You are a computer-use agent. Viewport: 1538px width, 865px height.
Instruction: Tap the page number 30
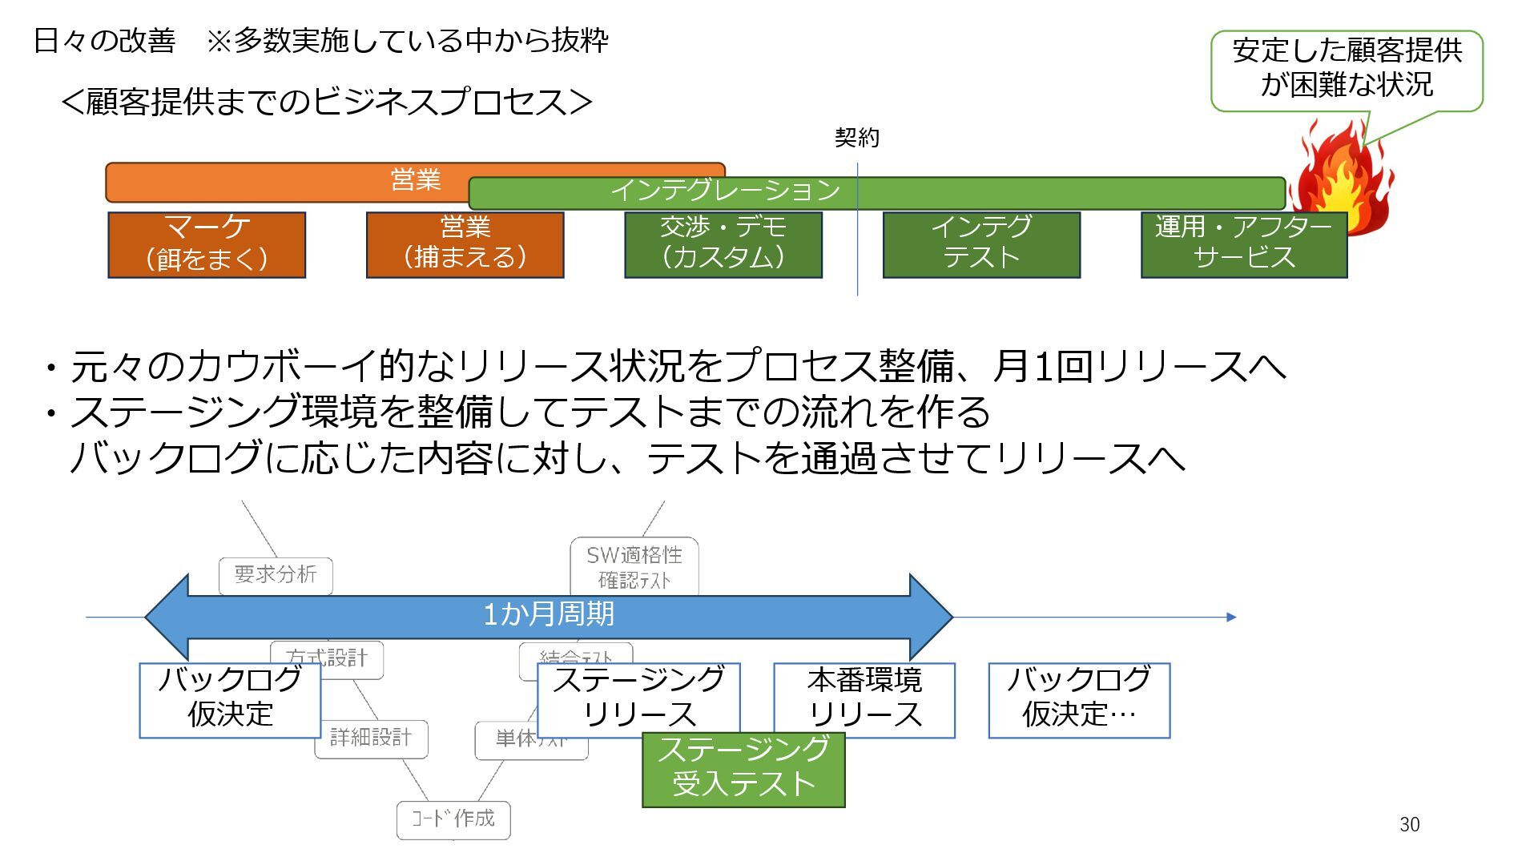(1409, 824)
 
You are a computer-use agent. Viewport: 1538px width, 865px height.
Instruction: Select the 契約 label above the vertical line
(856, 138)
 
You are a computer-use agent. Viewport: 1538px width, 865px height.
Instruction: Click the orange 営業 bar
(288, 181)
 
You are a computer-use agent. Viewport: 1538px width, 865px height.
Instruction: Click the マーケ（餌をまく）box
(207, 244)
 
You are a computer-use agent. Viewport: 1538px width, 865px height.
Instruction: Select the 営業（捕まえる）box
(465, 244)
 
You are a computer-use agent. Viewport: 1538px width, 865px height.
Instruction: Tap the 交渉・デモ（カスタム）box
(723, 244)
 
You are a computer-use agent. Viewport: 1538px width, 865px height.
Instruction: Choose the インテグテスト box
(981, 244)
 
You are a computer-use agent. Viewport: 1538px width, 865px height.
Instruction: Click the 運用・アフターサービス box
(1243, 244)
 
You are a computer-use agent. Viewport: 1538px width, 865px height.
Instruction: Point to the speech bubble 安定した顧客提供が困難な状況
(1347, 70)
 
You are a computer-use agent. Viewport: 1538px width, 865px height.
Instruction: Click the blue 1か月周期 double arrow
(548, 616)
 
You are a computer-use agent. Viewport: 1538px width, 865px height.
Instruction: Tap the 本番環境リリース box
(864, 699)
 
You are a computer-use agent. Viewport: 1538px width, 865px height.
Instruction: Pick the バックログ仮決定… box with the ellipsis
(1079, 699)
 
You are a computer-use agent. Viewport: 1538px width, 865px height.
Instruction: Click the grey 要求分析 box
(276, 574)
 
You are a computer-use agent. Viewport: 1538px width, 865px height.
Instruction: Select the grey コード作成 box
(453, 819)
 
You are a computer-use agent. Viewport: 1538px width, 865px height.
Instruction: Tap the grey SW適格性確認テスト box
(634, 566)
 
